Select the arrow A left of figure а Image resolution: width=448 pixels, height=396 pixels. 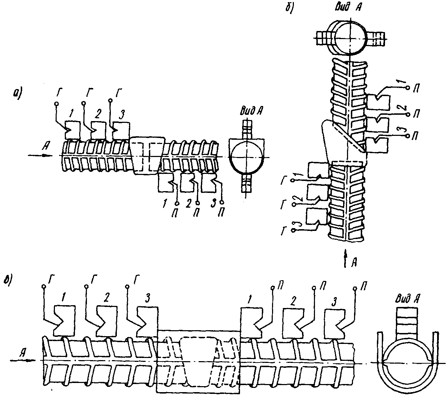[40, 155]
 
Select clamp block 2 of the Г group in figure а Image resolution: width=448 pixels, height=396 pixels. [99, 130]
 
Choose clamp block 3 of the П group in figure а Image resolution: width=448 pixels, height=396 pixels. [209, 183]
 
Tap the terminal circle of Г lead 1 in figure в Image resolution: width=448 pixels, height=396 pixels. [44, 287]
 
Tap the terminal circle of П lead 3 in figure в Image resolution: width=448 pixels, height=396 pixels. [355, 289]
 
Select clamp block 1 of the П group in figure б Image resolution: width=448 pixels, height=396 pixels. [378, 102]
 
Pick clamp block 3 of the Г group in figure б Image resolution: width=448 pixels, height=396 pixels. [316, 217]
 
